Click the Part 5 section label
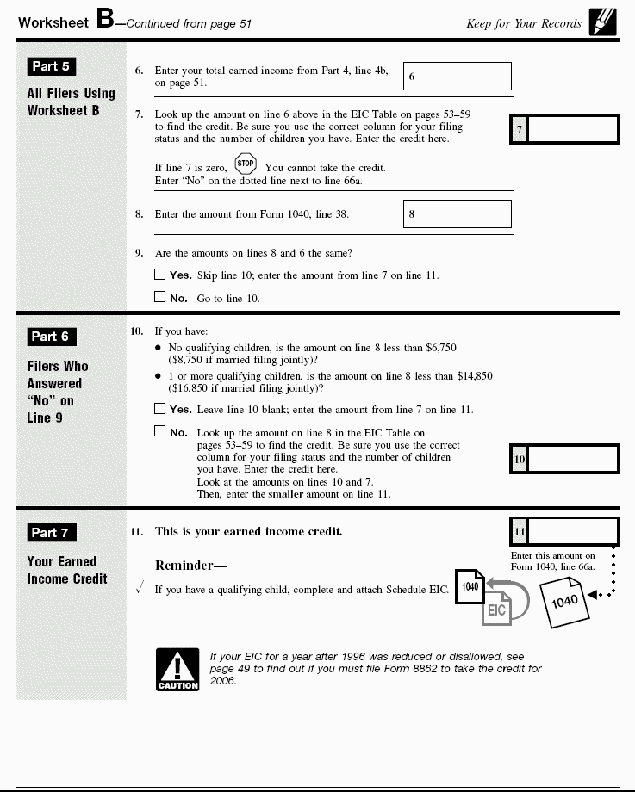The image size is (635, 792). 51,66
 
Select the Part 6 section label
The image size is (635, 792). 51,337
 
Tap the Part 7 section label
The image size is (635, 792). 51,533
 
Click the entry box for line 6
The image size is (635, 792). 465,77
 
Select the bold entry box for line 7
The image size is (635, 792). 573,130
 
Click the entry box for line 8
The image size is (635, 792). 465,214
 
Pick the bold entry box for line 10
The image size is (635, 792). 573,459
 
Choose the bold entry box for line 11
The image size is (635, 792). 573,531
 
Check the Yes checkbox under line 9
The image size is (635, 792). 159,275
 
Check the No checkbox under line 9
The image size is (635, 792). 159,297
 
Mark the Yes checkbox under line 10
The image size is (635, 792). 159,409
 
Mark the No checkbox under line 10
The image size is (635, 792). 159,431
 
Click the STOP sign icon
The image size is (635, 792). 246,164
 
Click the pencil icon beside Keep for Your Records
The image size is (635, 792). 603,22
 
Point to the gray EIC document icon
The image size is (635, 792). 497,608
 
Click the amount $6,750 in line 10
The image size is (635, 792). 439,348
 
